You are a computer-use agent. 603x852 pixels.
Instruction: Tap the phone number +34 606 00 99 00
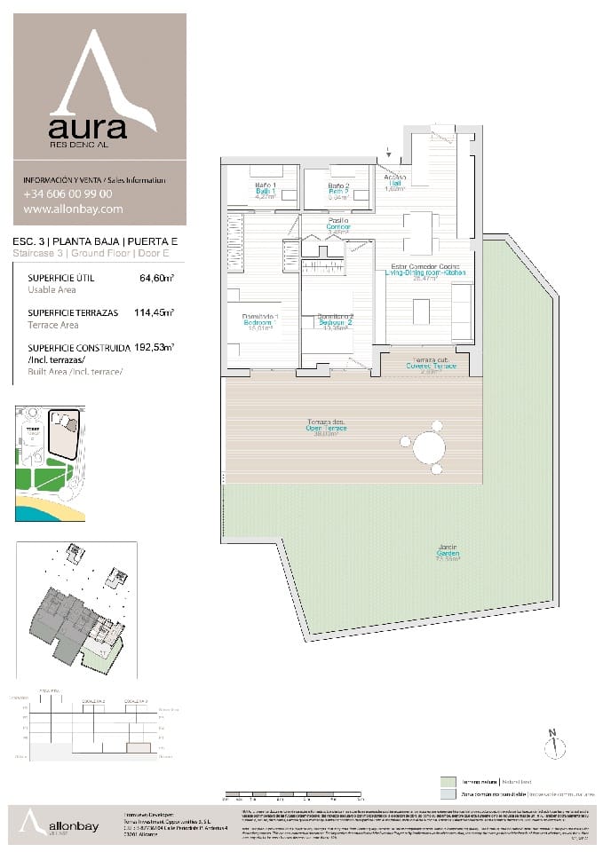coord(67,194)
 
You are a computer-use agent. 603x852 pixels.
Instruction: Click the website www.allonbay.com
coord(73,210)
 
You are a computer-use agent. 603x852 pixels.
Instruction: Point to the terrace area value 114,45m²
coord(153,313)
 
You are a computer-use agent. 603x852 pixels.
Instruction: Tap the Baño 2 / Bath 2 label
coord(337,190)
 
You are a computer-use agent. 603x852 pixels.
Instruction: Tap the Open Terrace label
coord(328,428)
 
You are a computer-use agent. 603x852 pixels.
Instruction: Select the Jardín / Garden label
coord(447,552)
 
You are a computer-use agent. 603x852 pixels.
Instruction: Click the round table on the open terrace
coord(429,447)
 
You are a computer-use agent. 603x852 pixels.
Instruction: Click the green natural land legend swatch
coord(448,781)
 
